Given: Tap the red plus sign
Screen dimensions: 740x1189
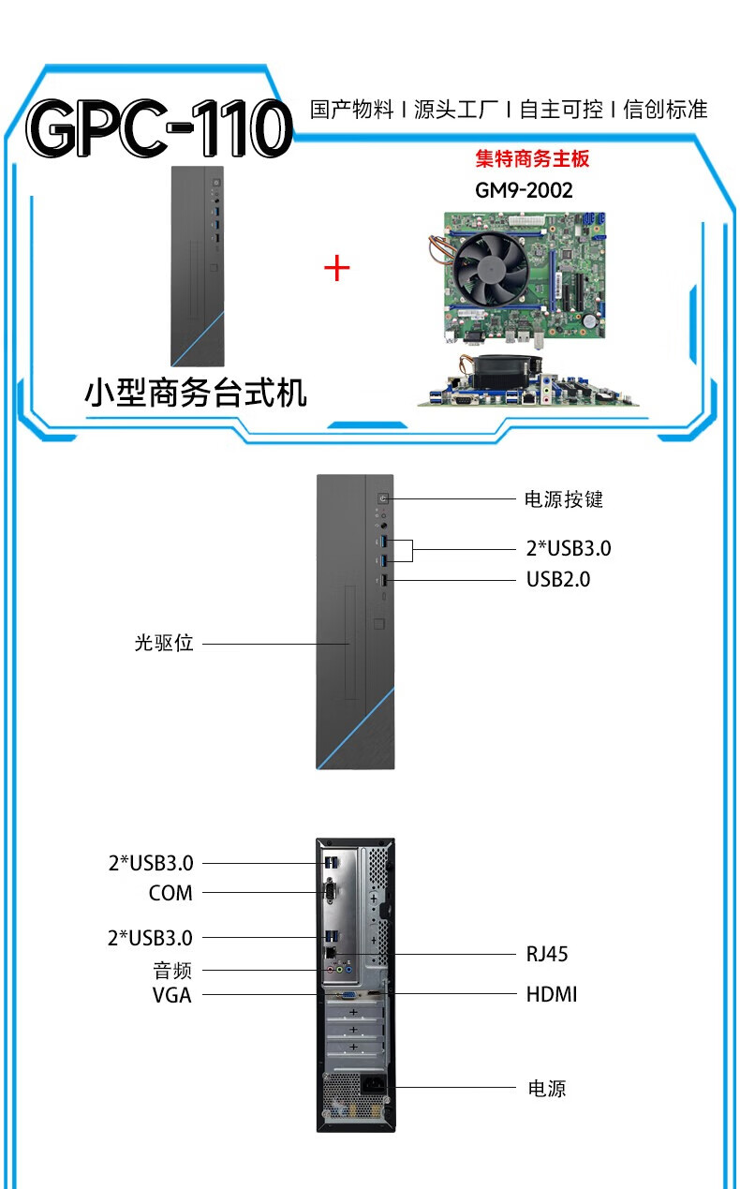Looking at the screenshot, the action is point(336,269).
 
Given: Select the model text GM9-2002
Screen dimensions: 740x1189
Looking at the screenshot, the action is point(524,190).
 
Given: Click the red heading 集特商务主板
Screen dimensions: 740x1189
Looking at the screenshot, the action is point(532,158).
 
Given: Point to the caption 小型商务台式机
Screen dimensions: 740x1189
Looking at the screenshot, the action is point(196,393).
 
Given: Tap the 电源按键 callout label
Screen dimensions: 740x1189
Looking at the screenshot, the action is point(563,499).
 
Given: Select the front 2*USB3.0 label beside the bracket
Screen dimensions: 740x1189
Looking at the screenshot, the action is point(568,548).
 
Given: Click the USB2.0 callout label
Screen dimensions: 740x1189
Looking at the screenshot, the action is point(558,579).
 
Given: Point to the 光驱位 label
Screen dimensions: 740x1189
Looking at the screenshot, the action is point(164,644).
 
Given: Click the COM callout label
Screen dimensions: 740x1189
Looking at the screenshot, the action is point(170,893).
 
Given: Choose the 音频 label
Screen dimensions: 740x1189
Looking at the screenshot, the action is point(172,970).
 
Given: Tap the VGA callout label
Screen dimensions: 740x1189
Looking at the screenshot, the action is point(172,995).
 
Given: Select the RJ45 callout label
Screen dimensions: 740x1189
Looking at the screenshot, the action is point(547,955).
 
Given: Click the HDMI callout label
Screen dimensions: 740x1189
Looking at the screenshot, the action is point(552,994).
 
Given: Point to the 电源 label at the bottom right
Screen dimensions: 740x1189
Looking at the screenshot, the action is point(547,1089).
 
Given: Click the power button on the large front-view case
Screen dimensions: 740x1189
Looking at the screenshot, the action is point(384,498).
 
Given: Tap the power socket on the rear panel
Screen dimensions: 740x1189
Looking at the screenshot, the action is point(377,1089).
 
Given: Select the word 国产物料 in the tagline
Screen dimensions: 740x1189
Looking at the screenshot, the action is point(352,110).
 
